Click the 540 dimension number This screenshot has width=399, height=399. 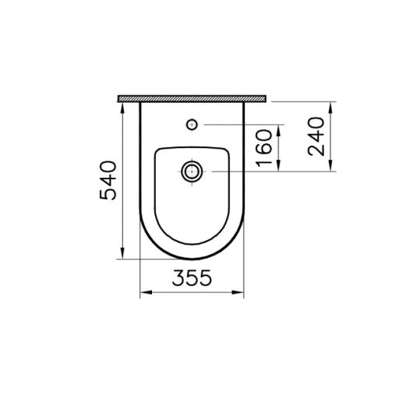pos(107,180)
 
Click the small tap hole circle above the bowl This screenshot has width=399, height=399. pos(192,124)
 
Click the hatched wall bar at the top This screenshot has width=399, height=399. pos(192,98)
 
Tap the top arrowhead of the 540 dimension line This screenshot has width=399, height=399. pos(123,105)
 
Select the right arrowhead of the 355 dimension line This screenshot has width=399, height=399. pos(242,294)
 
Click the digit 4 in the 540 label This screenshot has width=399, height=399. pos(107,180)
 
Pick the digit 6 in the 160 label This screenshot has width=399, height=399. pos(263,146)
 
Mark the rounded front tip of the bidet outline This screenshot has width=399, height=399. pos(192,260)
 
